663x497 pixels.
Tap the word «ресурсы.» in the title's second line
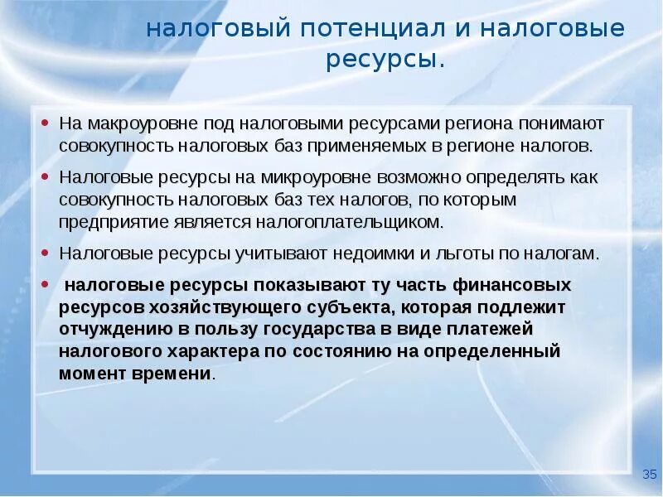[x=385, y=60]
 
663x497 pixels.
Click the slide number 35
[x=649, y=474]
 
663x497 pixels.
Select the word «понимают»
[x=563, y=123]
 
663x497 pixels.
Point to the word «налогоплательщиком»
[x=365, y=222]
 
